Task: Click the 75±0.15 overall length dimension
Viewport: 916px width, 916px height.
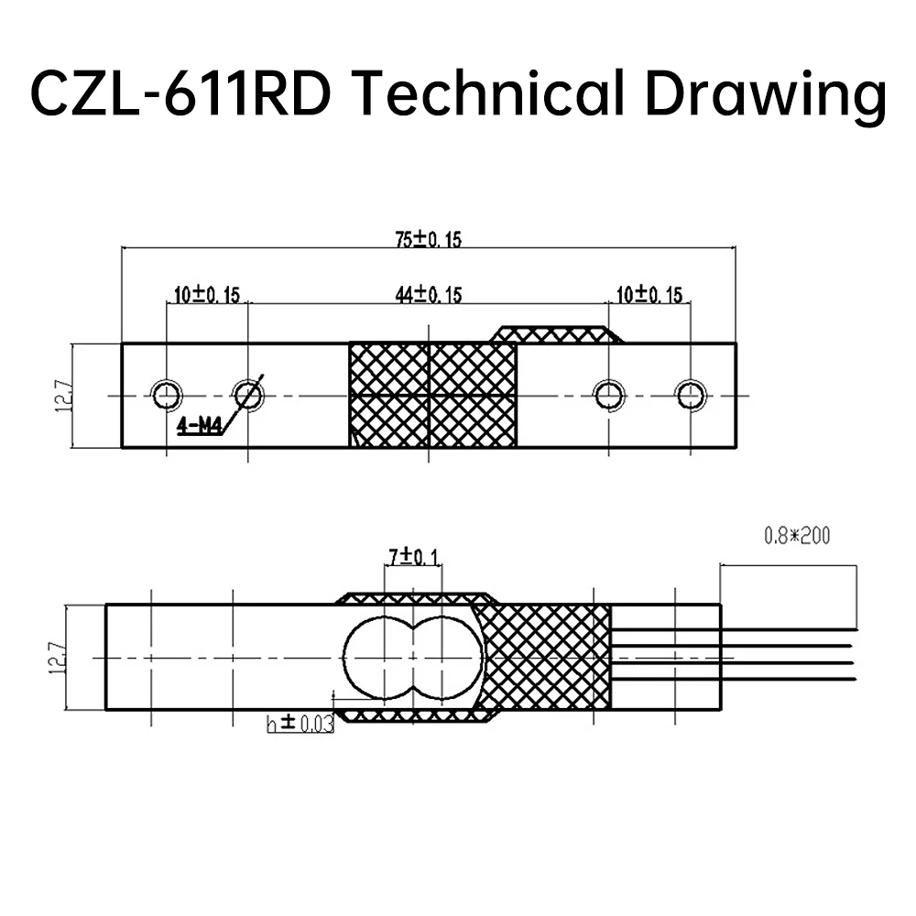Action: [429, 240]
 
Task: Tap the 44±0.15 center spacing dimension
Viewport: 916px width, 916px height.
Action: [429, 295]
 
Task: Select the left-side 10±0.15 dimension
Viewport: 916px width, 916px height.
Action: [206, 295]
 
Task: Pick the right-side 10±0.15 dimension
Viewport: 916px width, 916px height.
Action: [649, 295]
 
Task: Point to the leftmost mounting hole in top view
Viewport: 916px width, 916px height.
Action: [166, 395]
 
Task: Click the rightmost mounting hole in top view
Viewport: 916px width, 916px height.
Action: [691, 395]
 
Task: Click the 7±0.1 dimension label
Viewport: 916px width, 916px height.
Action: [413, 556]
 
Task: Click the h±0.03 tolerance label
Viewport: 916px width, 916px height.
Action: [300, 724]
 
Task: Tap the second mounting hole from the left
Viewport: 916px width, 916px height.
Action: [248, 395]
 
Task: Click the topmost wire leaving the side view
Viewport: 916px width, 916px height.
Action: [788, 629]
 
